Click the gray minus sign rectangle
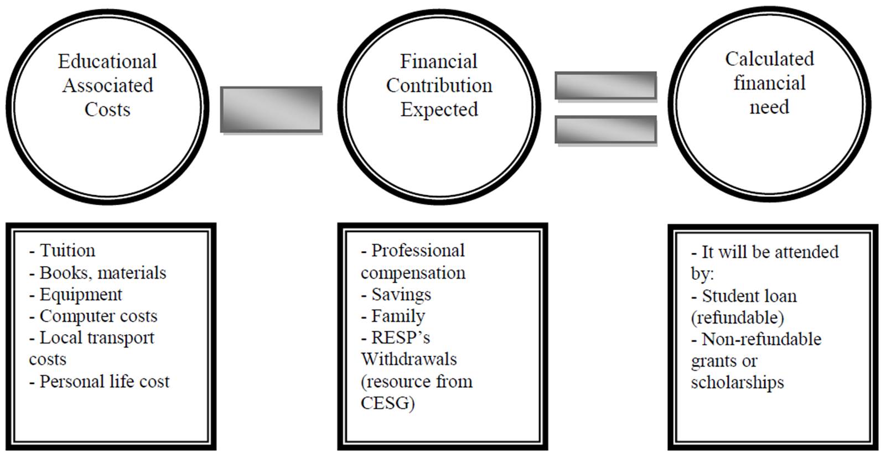point(271,109)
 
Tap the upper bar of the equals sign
point(605,86)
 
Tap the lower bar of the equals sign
point(605,129)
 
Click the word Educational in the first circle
point(107,61)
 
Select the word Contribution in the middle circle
point(439,86)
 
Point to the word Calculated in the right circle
point(769,59)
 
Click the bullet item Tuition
point(67,251)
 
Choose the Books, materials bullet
point(102,273)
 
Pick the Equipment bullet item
point(81,295)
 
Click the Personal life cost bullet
point(104,382)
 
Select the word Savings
point(401,295)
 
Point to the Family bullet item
point(398,316)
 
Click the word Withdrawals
point(408,360)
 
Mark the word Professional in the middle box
point(418,251)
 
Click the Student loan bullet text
point(749,296)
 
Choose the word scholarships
point(737,383)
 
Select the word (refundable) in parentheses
point(737,318)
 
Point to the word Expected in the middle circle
point(439,110)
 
